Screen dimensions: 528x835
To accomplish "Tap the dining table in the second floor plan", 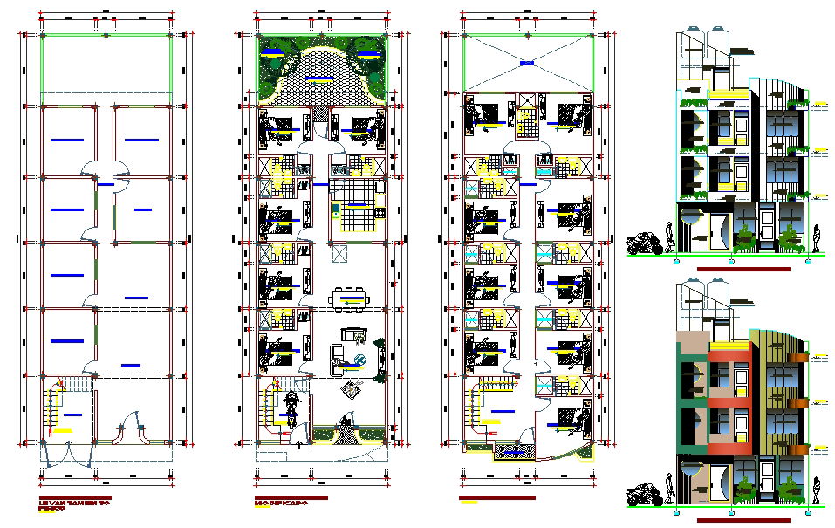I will (x=350, y=298).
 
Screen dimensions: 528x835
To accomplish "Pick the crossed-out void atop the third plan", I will (x=526, y=62).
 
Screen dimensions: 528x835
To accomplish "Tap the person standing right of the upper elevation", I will (x=815, y=239).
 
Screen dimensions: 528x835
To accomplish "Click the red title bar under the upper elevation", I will (x=743, y=269).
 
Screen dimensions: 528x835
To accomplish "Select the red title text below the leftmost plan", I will (x=66, y=503).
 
